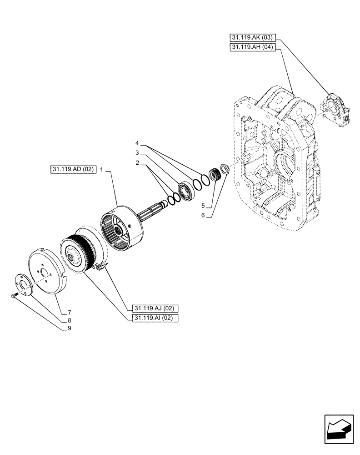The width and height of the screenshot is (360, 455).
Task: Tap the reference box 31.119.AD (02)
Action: pyautogui.click(x=73, y=169)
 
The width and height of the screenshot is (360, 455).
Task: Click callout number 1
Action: pyautogui.click(x=102, y=169)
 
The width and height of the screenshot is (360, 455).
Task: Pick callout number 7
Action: pyautogui.click(x=69, y=312)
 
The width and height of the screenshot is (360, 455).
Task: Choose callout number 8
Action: pyautogui.click(x=69, y=320)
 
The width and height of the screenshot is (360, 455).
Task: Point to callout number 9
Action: pyautogui.click(x=69, y=329)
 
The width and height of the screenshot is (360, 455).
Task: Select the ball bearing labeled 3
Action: pyautogui.click(x=186, y=190)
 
